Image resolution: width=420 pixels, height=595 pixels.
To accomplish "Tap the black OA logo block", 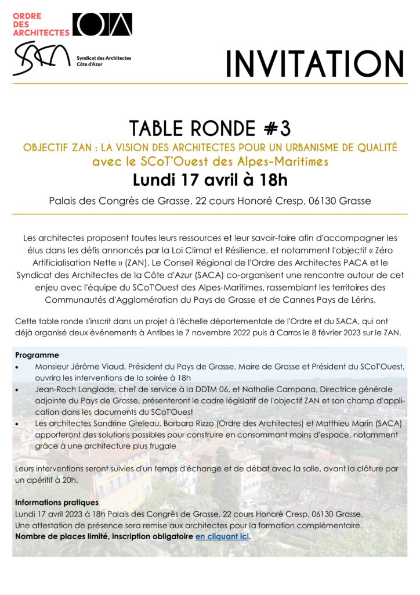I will pyautogui.click(x=102, y=24).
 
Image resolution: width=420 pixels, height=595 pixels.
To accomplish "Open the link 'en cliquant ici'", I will pyautogui.click(x=222, y=536).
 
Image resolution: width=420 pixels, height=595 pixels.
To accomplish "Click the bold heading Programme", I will pyautogui.click(x=37, y=355).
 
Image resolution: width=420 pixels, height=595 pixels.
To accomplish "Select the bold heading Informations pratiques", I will pyautogui.click(x=56, y=502).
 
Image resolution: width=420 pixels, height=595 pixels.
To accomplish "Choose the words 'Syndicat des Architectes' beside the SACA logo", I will pyautogui.click(x=104, y=58).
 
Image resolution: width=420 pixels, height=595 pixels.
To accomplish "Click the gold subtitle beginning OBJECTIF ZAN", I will pyautogui.click(x=210, y=148).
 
